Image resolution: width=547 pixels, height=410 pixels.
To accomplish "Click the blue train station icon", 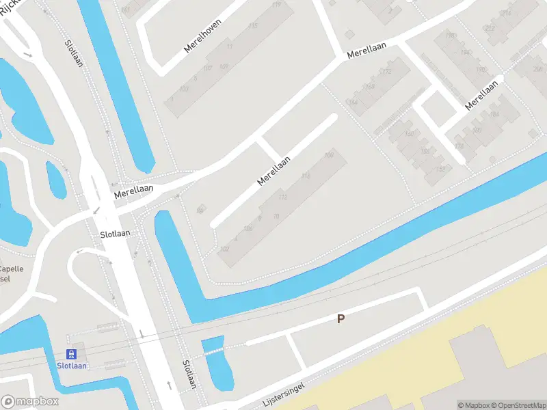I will pyautogui.click(x=70, y=354).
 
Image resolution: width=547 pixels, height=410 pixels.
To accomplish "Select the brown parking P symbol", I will pyautogui.click(x=341, y=318).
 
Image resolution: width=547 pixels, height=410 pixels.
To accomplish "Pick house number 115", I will pyautogui.click(x=254, y=26).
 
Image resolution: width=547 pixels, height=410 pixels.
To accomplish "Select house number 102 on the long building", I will pyautogui.click(x=224, y=249).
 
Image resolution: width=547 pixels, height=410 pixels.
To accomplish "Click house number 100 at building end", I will pyautogui.click(x=329, y=156).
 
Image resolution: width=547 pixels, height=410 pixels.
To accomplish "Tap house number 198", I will pyautogui.click(x=450, y=36).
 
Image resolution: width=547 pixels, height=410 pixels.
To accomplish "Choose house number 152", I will pyautogui.click(x=440, y=169).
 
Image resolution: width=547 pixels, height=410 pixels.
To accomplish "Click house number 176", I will pyautogui.click(x=459, y=146).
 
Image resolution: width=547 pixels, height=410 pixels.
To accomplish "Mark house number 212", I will pyautogui.click(x=490, y=29).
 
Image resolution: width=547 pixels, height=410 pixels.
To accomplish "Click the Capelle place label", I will pyautogui.click(x=11, y=269).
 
